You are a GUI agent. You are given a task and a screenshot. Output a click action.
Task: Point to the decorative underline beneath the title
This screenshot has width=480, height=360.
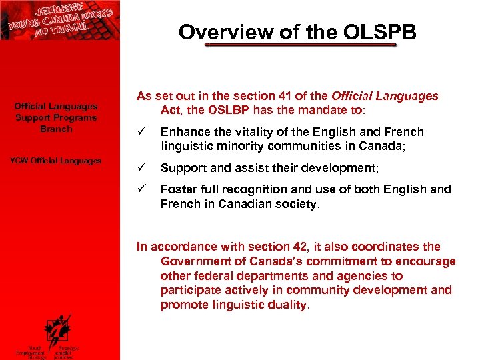(300, 46)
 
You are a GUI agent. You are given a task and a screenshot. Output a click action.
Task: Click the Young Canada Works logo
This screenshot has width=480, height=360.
(60, 20)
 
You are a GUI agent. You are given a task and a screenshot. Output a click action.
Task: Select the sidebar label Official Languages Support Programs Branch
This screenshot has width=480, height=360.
(56, 117)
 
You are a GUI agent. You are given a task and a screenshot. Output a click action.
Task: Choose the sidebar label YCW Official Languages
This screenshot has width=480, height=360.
(56, 160)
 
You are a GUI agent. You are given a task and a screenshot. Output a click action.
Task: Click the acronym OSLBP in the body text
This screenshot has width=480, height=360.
(229, 110)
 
